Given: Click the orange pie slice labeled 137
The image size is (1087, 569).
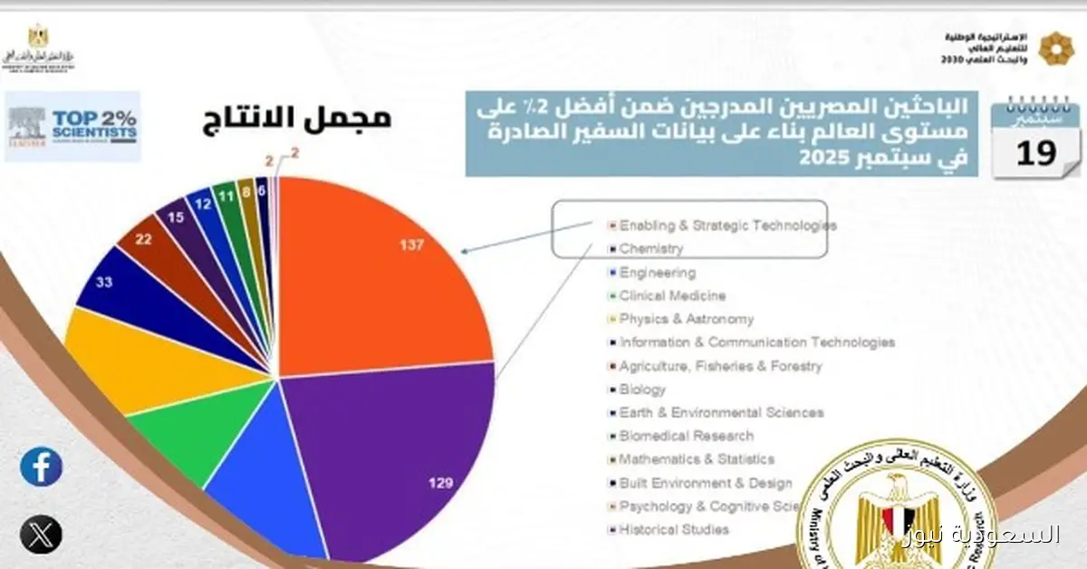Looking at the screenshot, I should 380,272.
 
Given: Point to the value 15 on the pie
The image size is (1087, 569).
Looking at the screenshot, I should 176,217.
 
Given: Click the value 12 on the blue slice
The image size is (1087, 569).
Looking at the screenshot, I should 203,205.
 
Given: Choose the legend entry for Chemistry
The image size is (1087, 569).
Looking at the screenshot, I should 651,248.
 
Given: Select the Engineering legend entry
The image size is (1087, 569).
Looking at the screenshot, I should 657,272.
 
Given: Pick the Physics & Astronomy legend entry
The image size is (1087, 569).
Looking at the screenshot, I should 686,319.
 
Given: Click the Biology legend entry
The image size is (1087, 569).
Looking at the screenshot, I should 642,390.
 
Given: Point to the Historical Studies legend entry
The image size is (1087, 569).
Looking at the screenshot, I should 674,530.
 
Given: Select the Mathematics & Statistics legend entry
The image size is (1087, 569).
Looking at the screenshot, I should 697,459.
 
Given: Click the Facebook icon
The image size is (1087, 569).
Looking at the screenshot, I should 41,468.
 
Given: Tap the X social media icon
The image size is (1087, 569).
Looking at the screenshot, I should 41,533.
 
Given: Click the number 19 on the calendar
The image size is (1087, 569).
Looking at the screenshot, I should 1036,154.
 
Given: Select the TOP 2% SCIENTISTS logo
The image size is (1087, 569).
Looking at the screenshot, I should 73,126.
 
